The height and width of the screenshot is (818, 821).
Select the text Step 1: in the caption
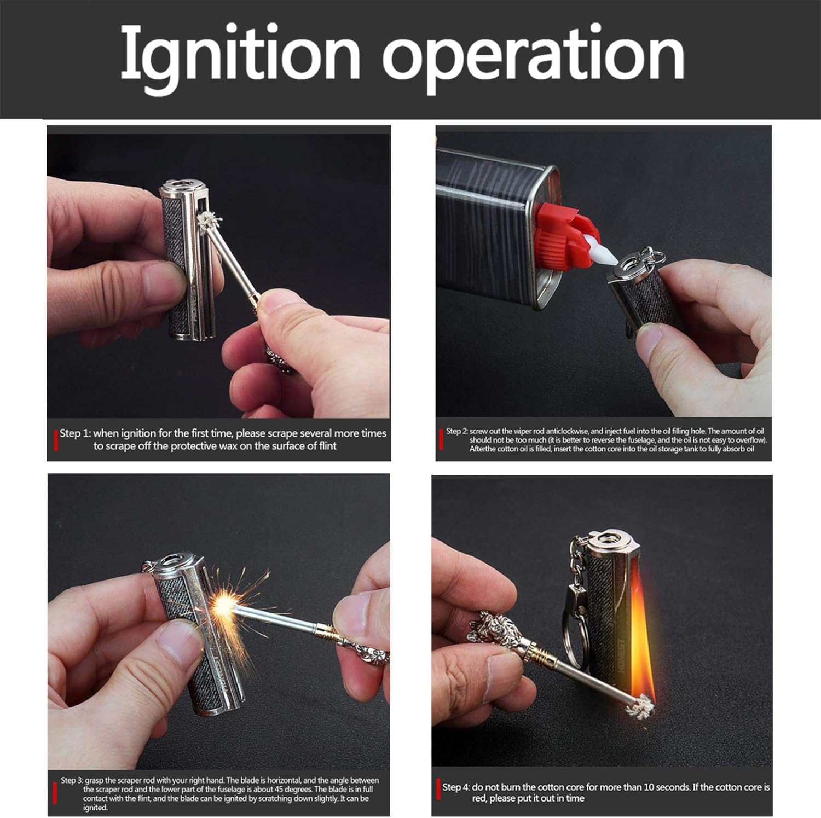click(x=75, y=433)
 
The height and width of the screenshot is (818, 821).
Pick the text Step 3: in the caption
click(x=72, y=780)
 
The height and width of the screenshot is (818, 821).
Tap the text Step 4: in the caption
click(x=456, y=787)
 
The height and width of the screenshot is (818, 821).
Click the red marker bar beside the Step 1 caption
click(x=56, y=440)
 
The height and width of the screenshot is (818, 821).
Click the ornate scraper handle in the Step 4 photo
click(x=495, y=629)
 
